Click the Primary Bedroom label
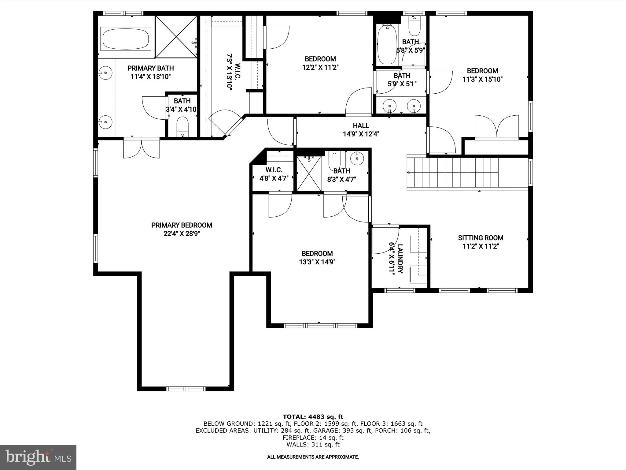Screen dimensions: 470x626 (182, 225)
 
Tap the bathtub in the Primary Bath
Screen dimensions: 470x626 (126, 39)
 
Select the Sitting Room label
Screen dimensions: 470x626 (481, 238)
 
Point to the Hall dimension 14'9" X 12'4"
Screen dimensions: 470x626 (361, 134)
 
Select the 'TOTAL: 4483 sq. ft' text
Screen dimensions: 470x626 (313, 417)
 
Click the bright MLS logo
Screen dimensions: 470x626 (38, 457)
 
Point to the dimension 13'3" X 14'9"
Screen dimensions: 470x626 (317, 262)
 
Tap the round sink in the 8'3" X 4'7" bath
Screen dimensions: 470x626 (356, 159)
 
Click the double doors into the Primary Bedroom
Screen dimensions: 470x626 (142, 148)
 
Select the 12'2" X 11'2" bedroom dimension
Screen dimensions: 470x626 (320, 67)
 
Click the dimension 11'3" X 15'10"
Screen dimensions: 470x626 (482, 80)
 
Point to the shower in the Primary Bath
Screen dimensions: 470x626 (176, 37)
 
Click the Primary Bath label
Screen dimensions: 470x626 (150, 68)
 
